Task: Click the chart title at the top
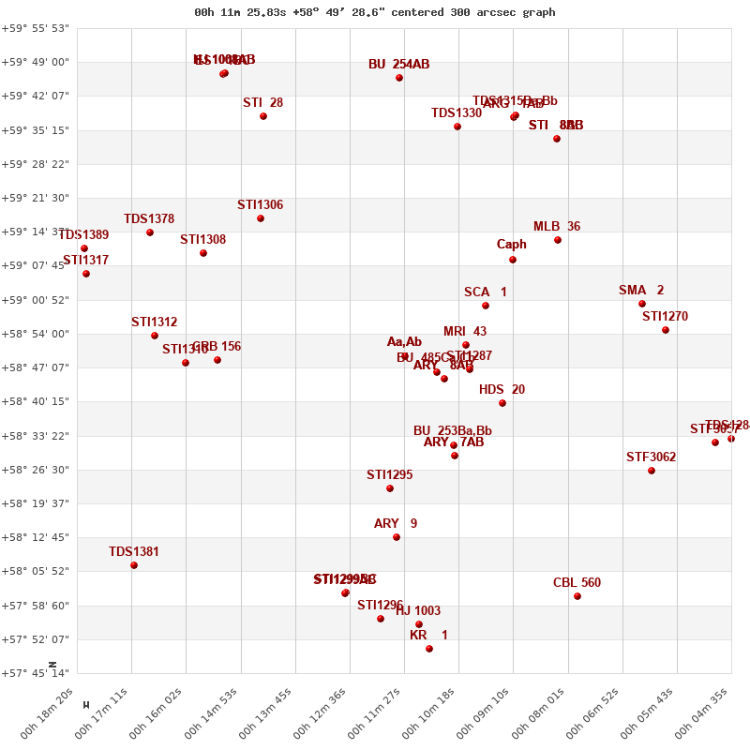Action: tap(374, 12)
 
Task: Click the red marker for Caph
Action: tap(513, 260)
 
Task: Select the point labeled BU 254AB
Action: tap(399, 78)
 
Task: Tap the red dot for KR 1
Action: tap(429, 649)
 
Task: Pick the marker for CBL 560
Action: tap(577, 596)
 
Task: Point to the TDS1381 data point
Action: tap(134, 565)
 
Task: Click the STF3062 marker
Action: tap(652, 471)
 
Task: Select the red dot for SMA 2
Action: tap(642, 304)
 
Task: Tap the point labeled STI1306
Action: tap(261, 218)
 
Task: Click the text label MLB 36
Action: tap(557, 227)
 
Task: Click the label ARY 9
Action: tap(396, 524)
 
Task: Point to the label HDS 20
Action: tap(502, 390)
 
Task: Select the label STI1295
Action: tap(389, 475)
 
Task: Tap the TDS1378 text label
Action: tap(149, 219)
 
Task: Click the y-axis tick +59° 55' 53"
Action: tap(36, 28)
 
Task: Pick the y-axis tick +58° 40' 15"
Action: tap(36, 401)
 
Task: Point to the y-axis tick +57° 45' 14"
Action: tap(36, 673)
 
